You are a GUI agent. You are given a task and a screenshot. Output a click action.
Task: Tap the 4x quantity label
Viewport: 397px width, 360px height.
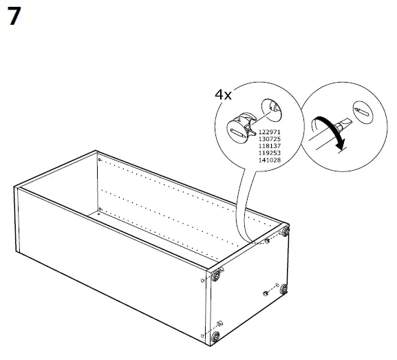pos(223,94)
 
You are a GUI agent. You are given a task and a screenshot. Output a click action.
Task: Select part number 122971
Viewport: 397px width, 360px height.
pos(270,131)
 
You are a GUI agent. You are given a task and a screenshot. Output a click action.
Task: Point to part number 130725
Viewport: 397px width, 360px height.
pos(270,137)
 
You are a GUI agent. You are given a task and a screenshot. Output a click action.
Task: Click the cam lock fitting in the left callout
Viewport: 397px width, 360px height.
pos(242,125)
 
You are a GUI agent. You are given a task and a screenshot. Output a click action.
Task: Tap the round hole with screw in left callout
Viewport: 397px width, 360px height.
pos(272,106)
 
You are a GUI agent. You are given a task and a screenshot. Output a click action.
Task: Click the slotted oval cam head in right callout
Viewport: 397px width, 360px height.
pos(363,109)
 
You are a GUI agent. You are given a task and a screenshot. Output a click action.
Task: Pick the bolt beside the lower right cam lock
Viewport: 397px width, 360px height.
pos(266,294)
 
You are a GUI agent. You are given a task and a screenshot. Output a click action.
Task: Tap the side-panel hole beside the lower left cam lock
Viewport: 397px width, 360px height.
pos(204,335)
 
